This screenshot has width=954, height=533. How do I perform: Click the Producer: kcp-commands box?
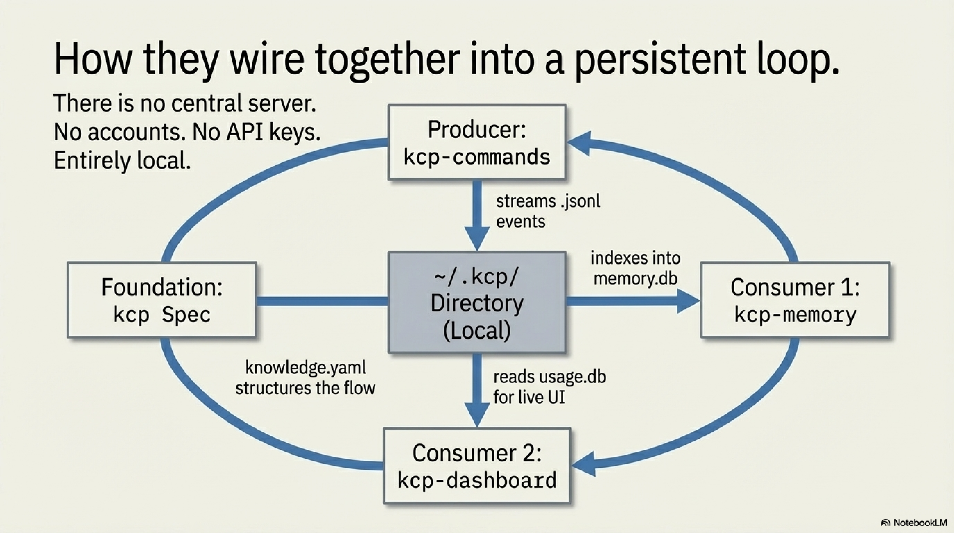pos(477,142)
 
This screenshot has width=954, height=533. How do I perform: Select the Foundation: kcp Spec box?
pos(162,300)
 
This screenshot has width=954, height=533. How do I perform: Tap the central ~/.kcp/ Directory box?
pos(477,302)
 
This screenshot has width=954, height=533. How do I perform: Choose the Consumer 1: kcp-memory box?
pos(795,300)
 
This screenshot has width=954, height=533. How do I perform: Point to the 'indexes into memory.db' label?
pos(635,268)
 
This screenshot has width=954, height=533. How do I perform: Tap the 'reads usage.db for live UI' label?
pos(549,387)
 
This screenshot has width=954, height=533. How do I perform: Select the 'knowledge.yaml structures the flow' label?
pos(305,378)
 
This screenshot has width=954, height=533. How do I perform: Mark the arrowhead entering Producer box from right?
pos(580,143)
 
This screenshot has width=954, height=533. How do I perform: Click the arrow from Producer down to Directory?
pos(477,215)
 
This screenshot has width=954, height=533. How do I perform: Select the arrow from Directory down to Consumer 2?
pos(477,389)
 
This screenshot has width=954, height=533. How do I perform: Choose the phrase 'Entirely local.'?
pos(122,161)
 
